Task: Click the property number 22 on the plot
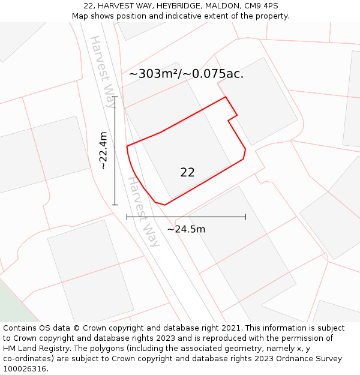pos(187,172)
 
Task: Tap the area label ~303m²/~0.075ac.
pos(186,74)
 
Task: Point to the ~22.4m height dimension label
pos(103,151)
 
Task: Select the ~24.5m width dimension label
pos(186,229)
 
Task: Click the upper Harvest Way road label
pos(102,71)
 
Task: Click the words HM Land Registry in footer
pos(35,348)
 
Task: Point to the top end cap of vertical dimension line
pos(115,97)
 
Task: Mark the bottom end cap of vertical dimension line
pos(115,205)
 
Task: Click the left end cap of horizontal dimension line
pos(127,217)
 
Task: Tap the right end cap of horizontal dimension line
pos(245,217)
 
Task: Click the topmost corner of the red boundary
pos(225,97)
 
